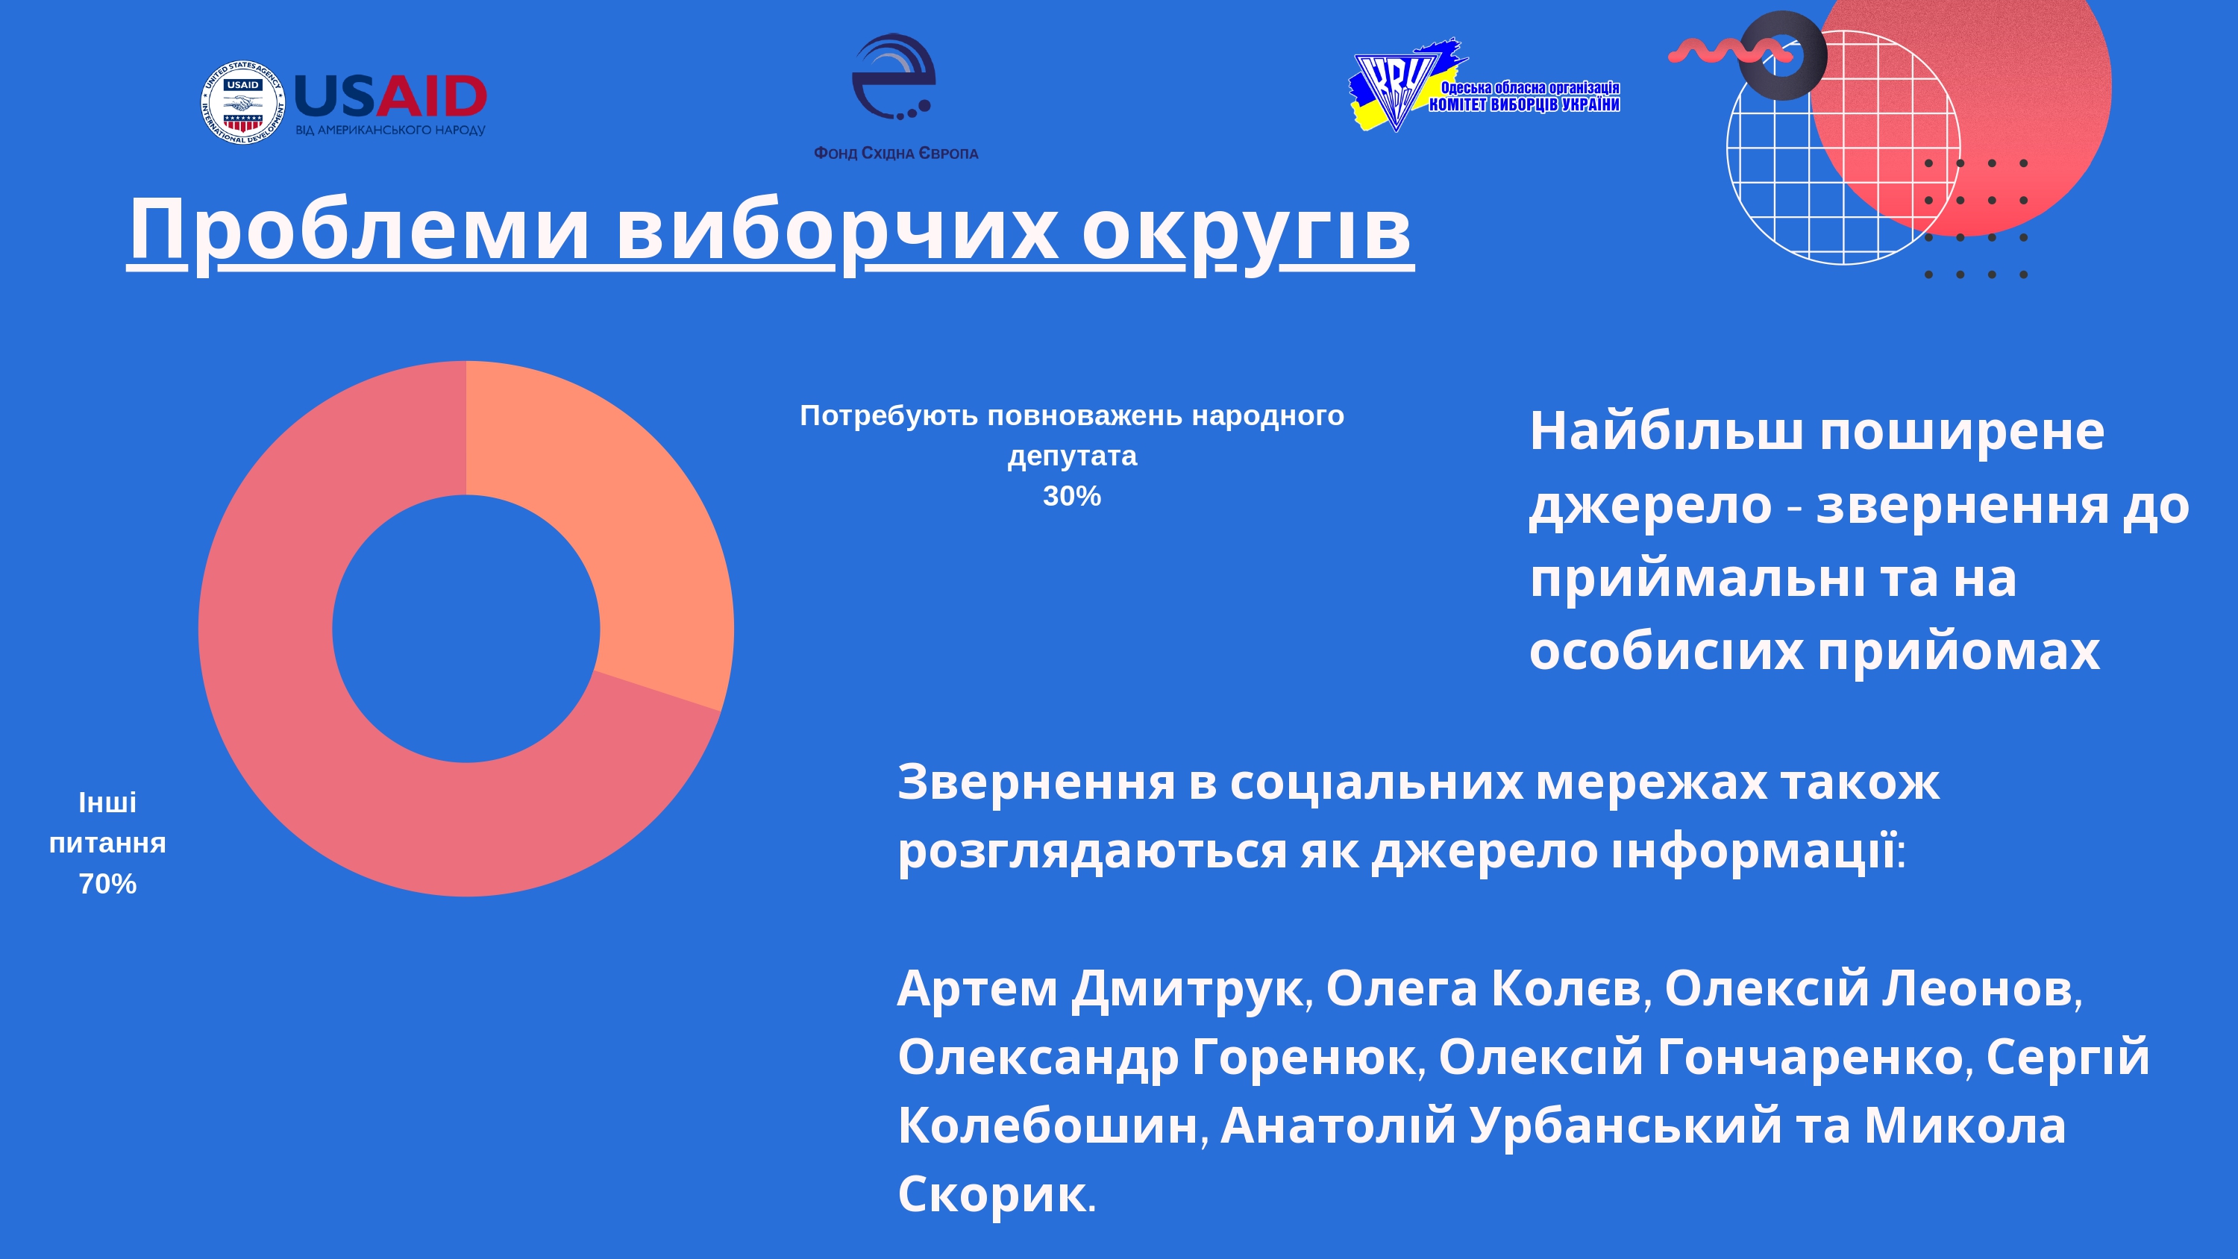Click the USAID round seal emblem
coord(242,102)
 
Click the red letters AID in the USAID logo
coord(431,95)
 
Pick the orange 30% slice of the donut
coord(626,521)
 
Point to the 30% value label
coord(1071,496)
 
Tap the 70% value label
coord(107,885)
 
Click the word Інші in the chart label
coord(107,803)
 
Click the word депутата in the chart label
coord(1071,457)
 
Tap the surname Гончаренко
coord(1811,1058)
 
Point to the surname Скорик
coord(992,1195)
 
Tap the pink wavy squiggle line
coord(1729,51)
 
